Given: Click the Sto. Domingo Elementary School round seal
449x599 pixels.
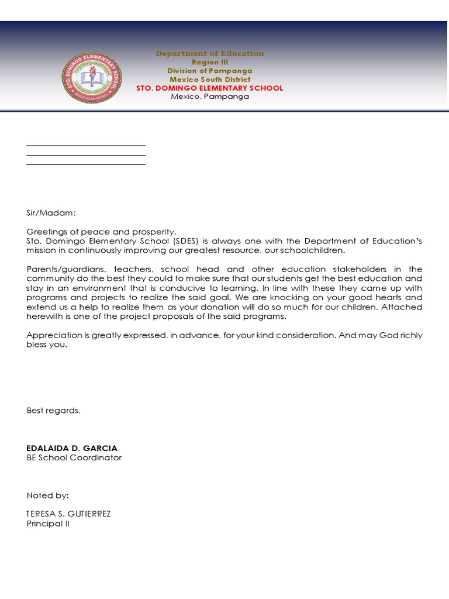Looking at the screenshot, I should tap(92, 78).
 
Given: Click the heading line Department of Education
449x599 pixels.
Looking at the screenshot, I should tap(209, 53).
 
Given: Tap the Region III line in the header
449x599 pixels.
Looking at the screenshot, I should tap(209, 62).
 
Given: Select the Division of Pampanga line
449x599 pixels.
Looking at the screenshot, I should tap(209, 71).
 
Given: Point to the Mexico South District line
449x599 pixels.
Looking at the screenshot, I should tap(209, 80).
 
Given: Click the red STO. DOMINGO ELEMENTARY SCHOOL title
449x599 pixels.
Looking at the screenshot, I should tap(209, 88).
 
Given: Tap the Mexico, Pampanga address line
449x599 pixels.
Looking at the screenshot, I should tap(209, 97).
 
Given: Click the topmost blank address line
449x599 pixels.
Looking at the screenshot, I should tap(86, 146).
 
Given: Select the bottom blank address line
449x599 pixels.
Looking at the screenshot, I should tap(86, 164).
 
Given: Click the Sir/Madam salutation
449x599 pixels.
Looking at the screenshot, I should tap(51, 214).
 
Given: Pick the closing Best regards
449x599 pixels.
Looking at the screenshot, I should tap(53, 411).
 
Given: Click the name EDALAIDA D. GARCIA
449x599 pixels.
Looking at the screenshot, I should tap(72, 448).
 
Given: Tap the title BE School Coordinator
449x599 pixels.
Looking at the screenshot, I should tap(74, 457).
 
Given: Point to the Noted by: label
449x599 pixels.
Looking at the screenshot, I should tap(48, 495).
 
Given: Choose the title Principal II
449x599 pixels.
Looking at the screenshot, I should tap(48, 524).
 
